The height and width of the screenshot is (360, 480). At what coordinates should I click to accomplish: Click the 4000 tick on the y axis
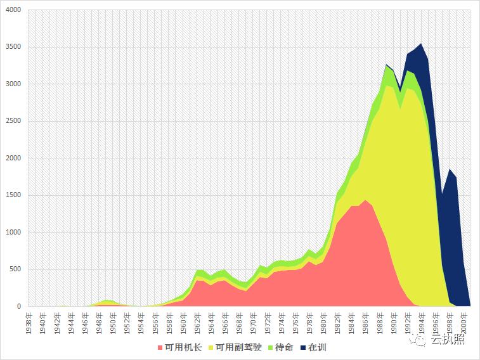[x=12, y=10]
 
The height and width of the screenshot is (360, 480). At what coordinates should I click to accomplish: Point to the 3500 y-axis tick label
[x=12, y=47]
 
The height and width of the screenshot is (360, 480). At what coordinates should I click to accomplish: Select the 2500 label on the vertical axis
[x=12, y=121]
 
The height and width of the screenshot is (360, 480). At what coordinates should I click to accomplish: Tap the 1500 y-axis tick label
[x=12, y=195]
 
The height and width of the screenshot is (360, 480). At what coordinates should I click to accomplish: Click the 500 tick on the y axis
[x=14, y=269]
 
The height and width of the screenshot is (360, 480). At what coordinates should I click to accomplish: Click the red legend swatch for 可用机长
[x=159, y=347]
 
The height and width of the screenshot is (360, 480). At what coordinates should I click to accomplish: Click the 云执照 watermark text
[x=447, y=340]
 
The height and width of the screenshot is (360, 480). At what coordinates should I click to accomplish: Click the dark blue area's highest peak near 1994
[x=421, y=43]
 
